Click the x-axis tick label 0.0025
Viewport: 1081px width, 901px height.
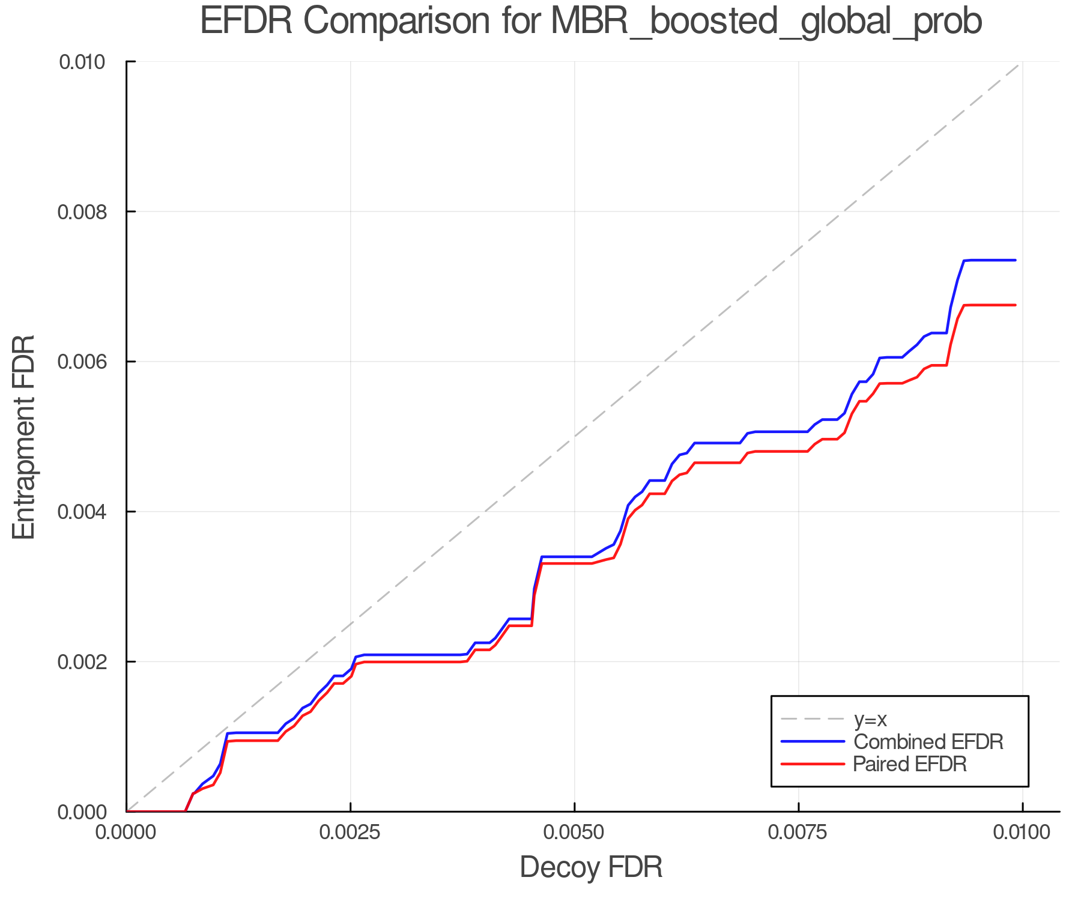[351, 833]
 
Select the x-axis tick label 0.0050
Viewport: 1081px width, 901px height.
[575, 833]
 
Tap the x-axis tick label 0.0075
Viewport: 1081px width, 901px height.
[799, 833]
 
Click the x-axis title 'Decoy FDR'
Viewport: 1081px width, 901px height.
[591, 867]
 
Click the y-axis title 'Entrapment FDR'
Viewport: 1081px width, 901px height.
[24, 437]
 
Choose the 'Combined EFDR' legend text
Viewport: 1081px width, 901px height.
[928, 742]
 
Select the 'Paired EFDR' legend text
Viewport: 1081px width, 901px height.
[910, 764]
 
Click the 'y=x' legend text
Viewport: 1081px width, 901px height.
[870, 719]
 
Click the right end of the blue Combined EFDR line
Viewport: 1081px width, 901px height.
[1015, 260]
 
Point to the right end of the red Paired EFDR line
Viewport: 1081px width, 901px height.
[1015, 305]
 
